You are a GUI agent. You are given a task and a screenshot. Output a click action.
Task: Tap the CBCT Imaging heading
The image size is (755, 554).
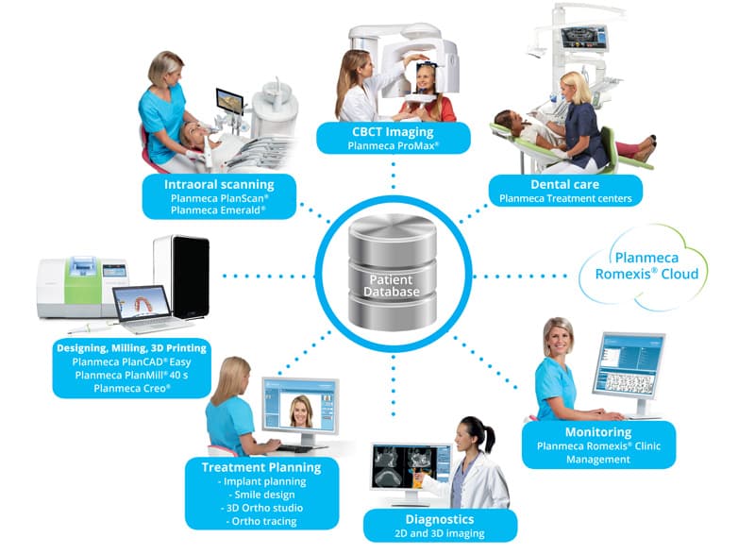(394, 132)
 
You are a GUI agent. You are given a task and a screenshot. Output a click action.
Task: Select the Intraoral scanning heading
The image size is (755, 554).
(219, 184)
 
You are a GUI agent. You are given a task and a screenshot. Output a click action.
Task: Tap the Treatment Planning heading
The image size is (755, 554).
(261, 466)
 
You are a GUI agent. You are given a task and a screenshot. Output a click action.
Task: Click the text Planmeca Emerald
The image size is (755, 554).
(219, 211)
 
